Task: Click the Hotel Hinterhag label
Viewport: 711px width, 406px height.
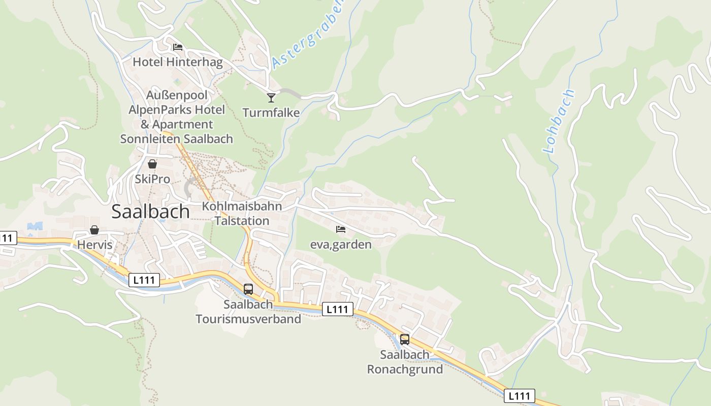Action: click(177, 62)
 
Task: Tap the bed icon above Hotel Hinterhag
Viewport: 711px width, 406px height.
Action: click(177, 47)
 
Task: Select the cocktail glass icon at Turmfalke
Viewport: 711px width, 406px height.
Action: click(271, 97)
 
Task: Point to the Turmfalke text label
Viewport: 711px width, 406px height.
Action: click(271, 112)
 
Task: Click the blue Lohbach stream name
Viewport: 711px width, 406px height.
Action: click(559, 121)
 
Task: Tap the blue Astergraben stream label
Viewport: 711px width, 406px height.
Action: click(308, 33)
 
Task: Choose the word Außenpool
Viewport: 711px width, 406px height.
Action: click(177, 95)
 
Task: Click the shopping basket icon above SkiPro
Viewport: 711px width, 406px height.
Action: click(152, 164)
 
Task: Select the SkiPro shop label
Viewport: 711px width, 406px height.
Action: click(152, 179)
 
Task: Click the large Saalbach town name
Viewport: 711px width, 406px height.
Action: click(150, 211)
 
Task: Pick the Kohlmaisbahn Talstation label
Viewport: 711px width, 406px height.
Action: click(242, 213)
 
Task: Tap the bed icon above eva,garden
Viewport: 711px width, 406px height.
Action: click(341, 229)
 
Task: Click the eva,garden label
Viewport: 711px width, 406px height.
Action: click(341, 245)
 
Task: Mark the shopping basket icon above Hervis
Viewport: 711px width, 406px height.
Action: click(94, 230)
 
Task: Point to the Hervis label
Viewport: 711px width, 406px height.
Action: click(94, 245)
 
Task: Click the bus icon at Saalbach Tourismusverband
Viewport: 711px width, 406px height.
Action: click(248, 289)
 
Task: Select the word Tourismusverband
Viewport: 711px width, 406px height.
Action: click(248, 319)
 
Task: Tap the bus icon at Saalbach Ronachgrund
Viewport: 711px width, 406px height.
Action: click(405, 340)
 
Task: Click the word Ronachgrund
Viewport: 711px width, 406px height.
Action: click(405, 369)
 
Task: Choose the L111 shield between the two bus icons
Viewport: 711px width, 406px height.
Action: click(337, 309)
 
